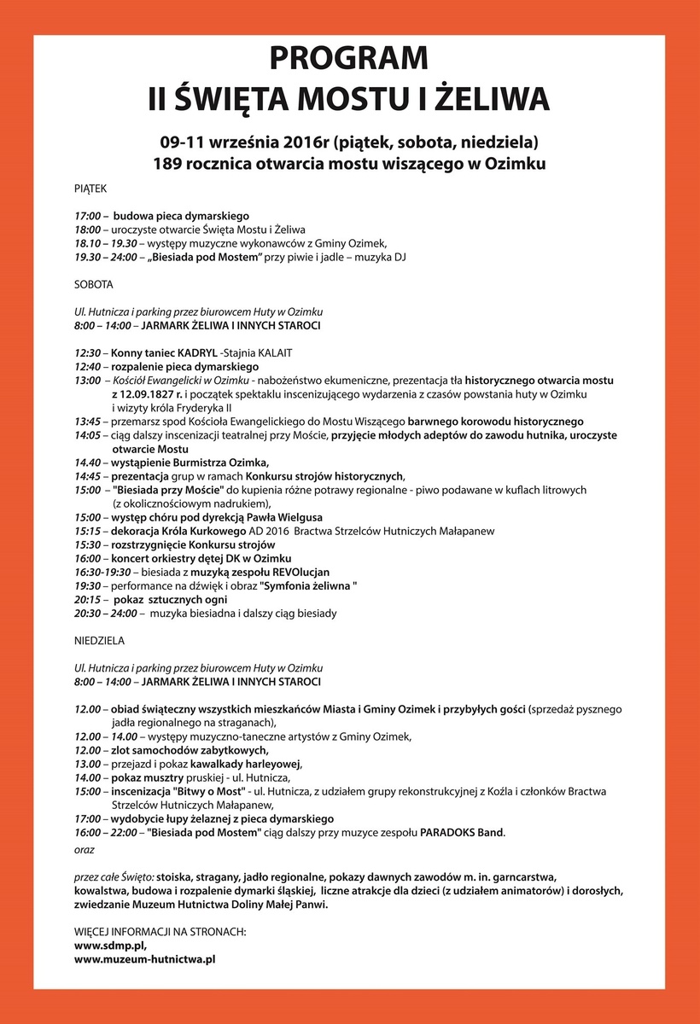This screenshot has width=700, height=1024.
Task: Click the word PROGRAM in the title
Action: [348, 59]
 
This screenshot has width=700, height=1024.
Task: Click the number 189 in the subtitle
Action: [170, 162]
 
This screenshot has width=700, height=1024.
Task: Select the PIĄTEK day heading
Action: [91, 186]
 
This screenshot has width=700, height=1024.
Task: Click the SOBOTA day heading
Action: [93, 283]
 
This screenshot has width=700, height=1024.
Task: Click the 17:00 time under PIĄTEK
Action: [88, 217]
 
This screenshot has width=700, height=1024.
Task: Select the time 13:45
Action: [88, 422]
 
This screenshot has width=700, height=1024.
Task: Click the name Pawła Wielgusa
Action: [283, 517]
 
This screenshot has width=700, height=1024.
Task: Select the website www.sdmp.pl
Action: [110, 946]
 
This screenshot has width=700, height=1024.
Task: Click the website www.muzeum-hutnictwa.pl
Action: [144, 959]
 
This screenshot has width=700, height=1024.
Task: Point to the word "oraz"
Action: [85, 850]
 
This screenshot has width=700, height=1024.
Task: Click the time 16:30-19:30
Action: [102, 572]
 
